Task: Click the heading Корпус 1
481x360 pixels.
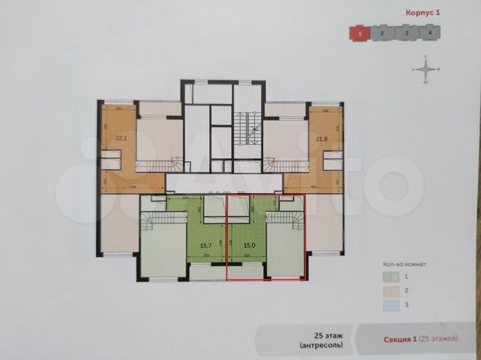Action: click(424, 12)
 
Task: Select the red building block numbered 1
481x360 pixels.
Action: click(361, 32)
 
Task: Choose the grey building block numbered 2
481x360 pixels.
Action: click(382, 32)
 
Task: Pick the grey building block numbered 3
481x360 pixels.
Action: click(406, 32)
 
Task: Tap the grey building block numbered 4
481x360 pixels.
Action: click(429, 32)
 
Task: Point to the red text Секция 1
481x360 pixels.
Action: click(399, 339)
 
